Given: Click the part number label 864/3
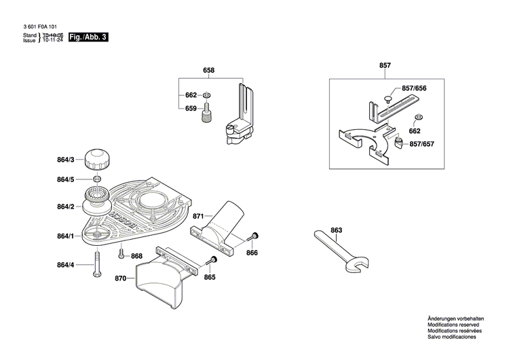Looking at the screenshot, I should (66, 160).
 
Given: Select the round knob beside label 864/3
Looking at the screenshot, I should (97, 160).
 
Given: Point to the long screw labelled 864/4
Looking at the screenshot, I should (98, 263).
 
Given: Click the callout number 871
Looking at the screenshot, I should (198, 215).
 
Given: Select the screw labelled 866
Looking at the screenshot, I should (254, 237).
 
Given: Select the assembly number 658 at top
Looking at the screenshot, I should (209, 71).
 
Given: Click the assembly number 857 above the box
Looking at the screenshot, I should (385, 65).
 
